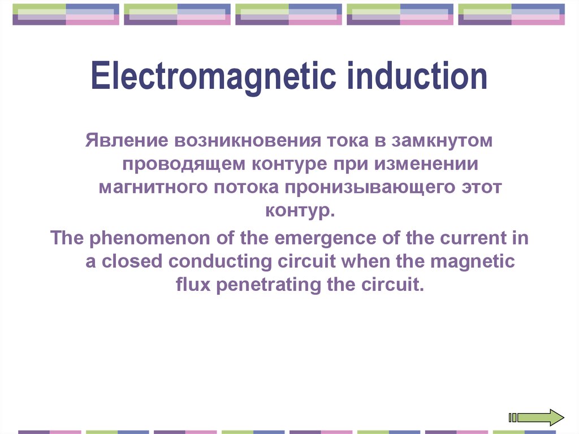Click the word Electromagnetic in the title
[213, 77]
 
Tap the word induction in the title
[417, 76]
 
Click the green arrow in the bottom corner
[537, 418]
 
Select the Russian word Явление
[127, 140]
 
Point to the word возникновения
[248, 141]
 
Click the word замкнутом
[442, 141]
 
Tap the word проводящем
[184, 165]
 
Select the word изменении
[426, 164]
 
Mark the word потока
[247, 187]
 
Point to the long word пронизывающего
[370, 188]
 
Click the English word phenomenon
[150, 238]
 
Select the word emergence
[325, 238]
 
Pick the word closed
[132, 261]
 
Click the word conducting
[220, 262]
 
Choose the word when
[365, 261]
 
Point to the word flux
[193, 284]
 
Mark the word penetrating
[269, 285]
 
